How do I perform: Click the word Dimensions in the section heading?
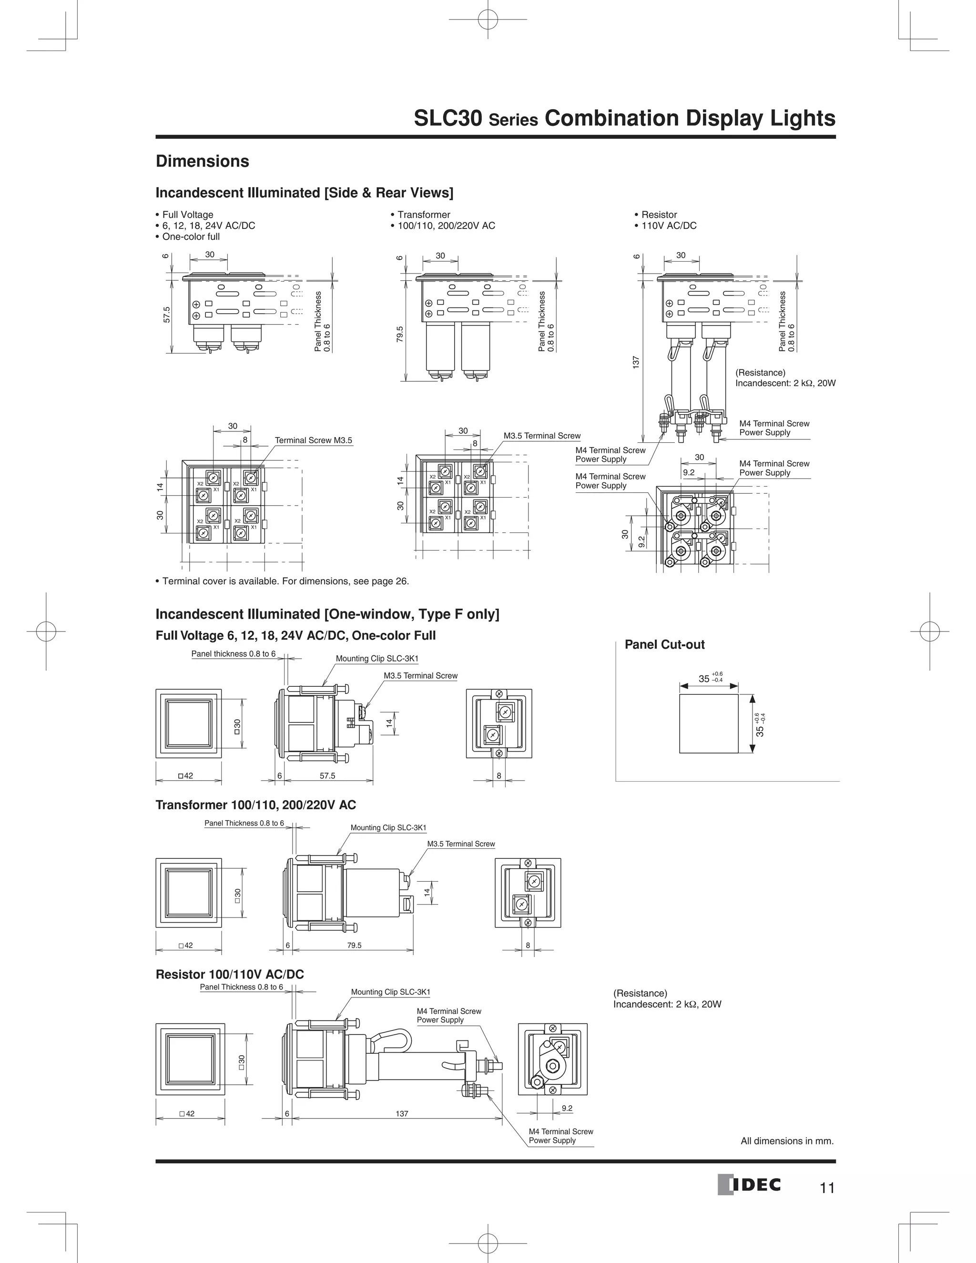coord(203,162)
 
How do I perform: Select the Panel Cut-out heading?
coord(664,645)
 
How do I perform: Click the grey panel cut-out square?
coord(708,723)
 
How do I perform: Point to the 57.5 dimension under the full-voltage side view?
coord(327,776)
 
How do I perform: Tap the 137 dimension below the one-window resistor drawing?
coord(402,1114)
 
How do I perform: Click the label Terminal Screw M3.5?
coord(314,441)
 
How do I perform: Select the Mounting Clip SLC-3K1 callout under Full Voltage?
coord(377,659)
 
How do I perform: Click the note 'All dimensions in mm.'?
coord(787,1141)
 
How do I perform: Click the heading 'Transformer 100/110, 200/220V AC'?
coord(255,805)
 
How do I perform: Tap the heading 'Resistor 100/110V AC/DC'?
coord(230,975)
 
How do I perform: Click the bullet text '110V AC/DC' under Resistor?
coord(669,225)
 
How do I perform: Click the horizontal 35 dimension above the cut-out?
coord(704,679)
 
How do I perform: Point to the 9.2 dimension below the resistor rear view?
coord(567,1108)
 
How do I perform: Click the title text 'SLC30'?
coord(448,119)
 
